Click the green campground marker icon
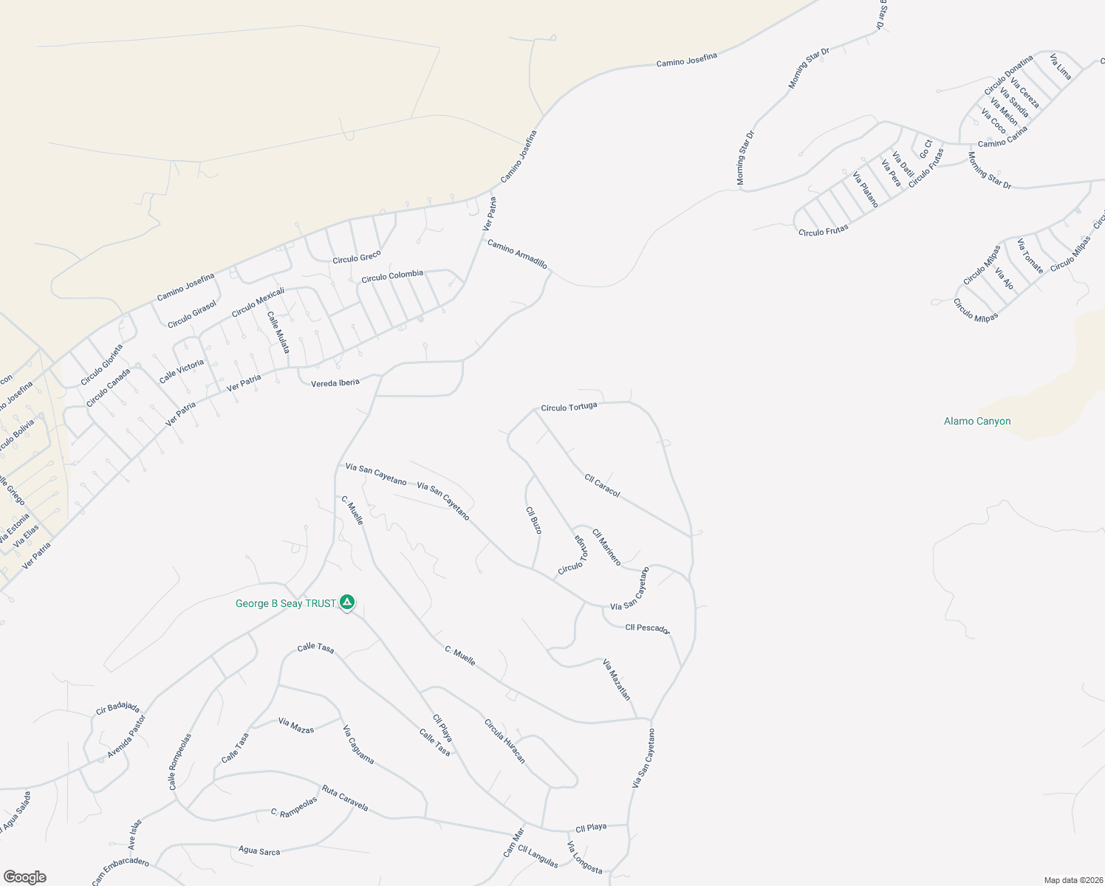pos(347,602)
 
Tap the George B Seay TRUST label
pos(285,604)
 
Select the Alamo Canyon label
pos(977,422)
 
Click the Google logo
pos(25,877)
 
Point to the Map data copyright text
pos(1072,880)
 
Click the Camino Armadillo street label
pos(517,254)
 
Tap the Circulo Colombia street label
pos(392,276)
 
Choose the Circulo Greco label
pos(357,258)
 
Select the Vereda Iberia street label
pos(335,383)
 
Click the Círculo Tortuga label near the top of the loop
pos(569,407)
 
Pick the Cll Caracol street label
pos(602,485)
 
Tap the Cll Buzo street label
pos(534,520)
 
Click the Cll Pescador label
pos(647,628)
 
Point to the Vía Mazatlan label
pos(617,679)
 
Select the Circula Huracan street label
pos(504,741)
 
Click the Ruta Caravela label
pos(344,797)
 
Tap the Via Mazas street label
pos(296,726)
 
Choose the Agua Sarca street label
pos(259,851)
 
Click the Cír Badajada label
pos(117,708)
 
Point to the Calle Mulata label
pos(278,332)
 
